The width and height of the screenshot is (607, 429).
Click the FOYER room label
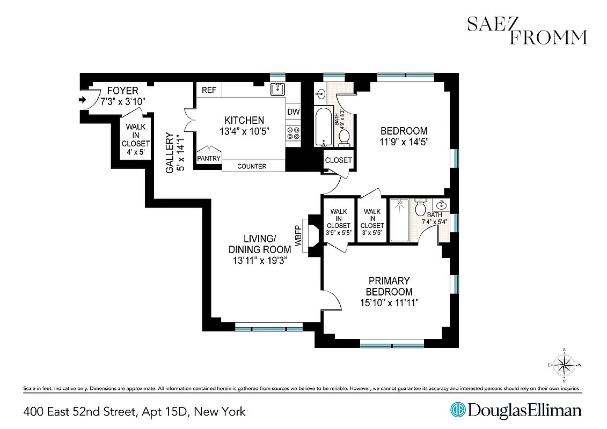click(122, 91)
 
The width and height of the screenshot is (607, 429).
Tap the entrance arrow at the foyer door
click(82, 100)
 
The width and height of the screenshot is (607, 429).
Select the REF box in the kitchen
click(209, 90)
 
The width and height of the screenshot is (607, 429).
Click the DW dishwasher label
click(293, 112)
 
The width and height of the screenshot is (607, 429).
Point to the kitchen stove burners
click(293, 132)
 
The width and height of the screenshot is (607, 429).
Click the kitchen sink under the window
click(277, 89)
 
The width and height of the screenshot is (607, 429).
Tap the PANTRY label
click(209, 159)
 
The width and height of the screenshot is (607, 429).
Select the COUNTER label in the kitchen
click(252, 166)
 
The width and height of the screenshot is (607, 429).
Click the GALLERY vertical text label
click(170, 153)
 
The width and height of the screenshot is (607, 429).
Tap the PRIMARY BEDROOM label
click(389, 286)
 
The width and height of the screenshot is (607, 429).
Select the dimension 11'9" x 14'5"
click(404, 142)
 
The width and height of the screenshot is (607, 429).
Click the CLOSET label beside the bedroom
click(339, 160)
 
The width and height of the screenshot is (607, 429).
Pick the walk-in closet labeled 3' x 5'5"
click(372, 219)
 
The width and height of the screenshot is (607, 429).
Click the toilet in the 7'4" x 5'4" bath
click(421, 208)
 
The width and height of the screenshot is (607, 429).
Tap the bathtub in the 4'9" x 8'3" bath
click(324, 126)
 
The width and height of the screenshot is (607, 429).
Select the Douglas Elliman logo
click(516, 411)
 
